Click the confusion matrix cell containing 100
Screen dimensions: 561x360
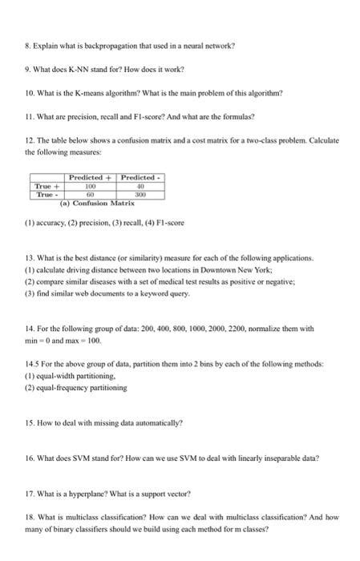click(91, 185)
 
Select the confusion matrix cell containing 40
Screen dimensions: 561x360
click(140, 185)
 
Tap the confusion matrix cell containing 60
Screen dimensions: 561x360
click(91, 194)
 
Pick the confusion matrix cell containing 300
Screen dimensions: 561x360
click(140, 194)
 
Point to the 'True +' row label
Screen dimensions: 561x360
click(46, 185)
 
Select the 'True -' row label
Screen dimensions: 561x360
click(46, 194)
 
